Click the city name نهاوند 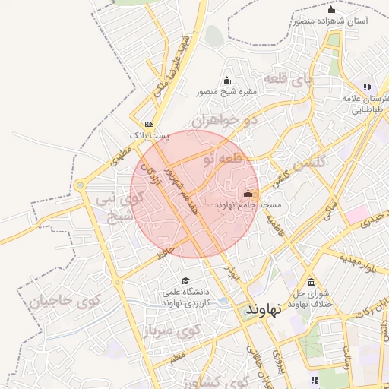(x=264, y=309)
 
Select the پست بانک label (x=147, y=134)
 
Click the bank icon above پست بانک (x=149, y=123)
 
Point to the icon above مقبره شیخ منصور (x=226, y=81)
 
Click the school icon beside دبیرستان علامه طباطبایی (x=368, y=87)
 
